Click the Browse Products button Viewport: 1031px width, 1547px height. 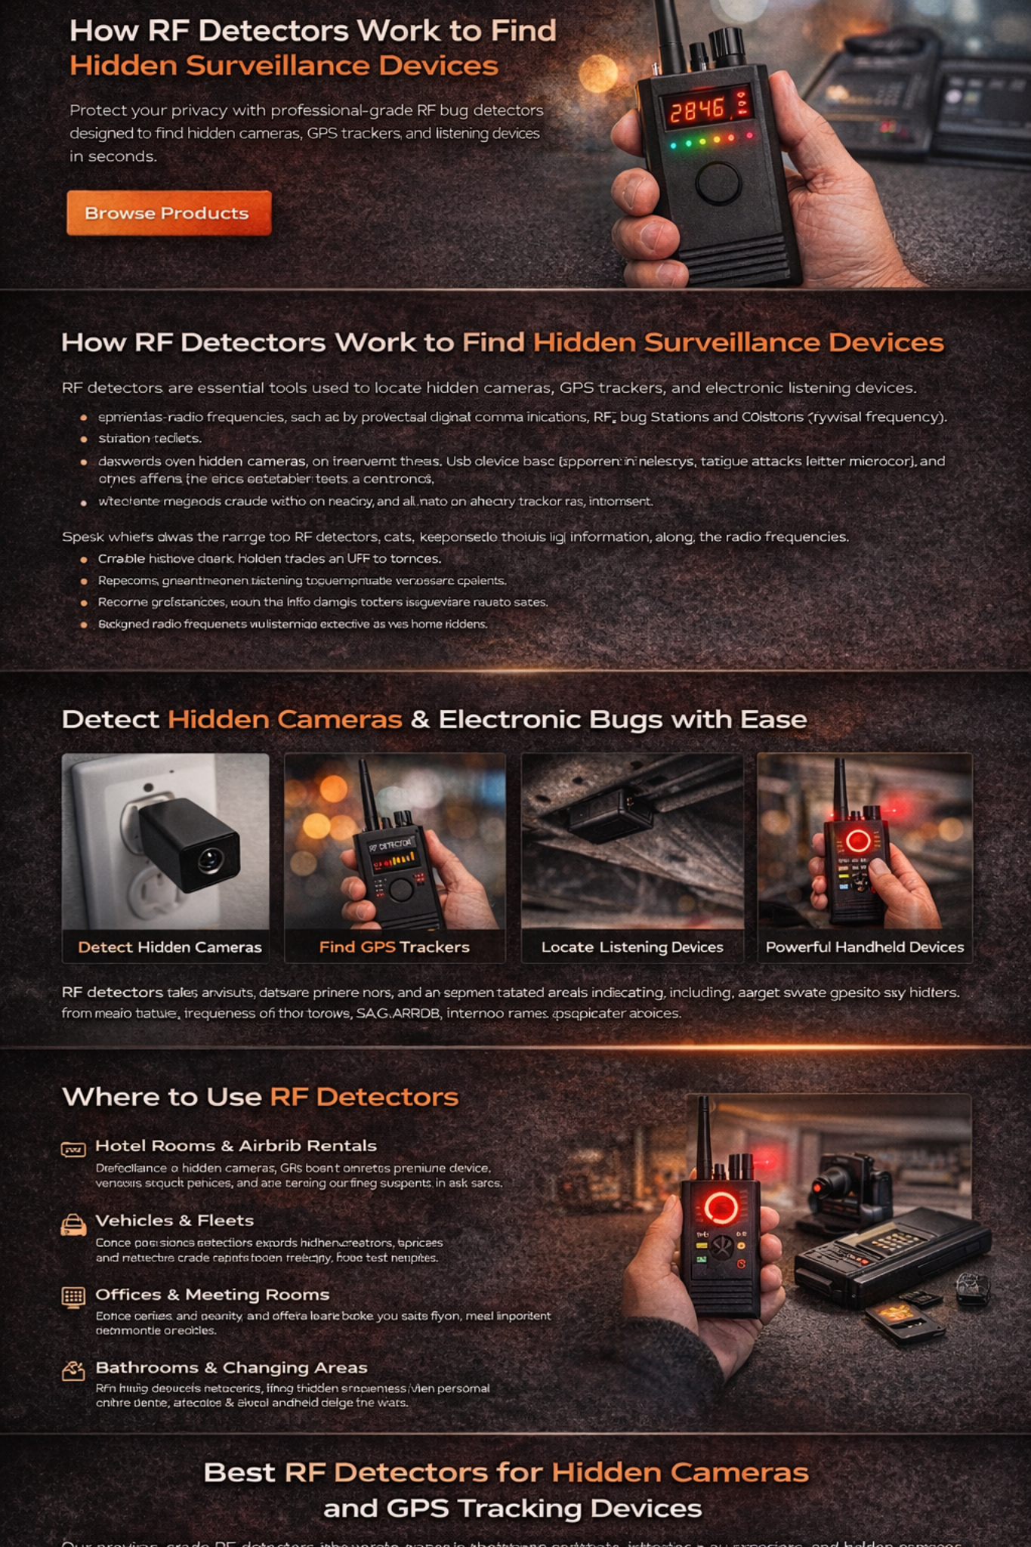pos(168,213)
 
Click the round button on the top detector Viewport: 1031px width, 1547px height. pos(717,182)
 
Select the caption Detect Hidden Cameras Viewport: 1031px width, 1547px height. pos(169,947)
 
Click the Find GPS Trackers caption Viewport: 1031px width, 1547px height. pos(394,947)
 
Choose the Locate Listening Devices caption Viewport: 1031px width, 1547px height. pos(631,947)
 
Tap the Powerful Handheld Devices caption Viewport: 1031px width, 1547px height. pos(864,947)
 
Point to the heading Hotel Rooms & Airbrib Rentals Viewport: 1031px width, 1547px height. pos(236,1146)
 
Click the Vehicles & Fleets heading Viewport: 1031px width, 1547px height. pos(174,1221)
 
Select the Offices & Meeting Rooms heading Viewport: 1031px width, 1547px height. pos(212,1295)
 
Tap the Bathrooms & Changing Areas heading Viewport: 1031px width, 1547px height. pos(231,1368)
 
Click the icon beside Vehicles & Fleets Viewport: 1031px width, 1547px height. pos(73,1224)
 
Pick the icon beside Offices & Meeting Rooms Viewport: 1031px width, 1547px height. pos(73,1297)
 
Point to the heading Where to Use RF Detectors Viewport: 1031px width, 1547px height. pos(260,1097)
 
